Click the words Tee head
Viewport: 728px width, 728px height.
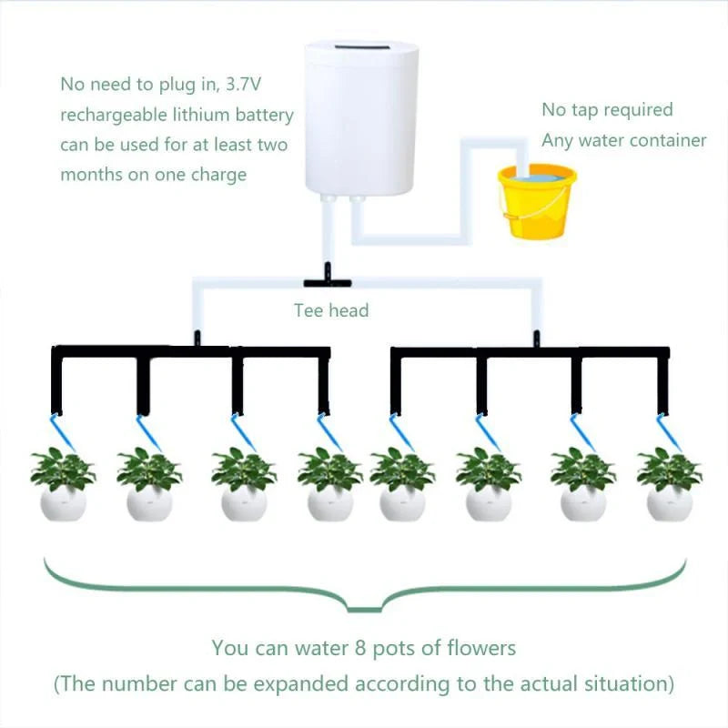[331, 310]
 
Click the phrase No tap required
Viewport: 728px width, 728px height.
[607, 110]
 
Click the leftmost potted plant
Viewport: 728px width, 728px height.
[63, 482]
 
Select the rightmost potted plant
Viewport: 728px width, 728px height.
[669, 482]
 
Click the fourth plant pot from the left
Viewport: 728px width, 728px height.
[329, 502]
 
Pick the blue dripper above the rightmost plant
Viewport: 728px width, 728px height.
[669, 429]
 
